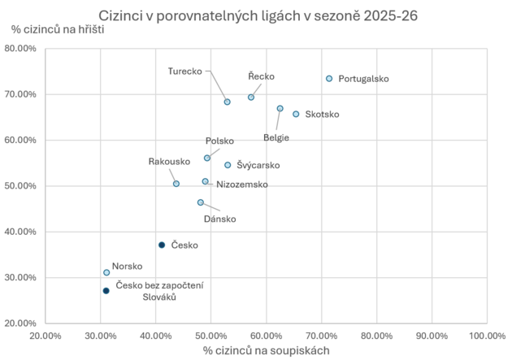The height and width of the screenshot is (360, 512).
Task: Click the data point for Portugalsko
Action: tap(329, 79)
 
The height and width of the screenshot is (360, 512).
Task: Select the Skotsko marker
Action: tap(296, 115)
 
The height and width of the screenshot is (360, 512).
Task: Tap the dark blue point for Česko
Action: tap(162, 245)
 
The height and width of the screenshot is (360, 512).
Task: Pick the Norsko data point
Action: tap(106, 272)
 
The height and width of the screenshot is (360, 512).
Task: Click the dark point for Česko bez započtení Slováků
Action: tap(106, 291)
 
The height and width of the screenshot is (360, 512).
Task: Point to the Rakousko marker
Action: tap(176, 184)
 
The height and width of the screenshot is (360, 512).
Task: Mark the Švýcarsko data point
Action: tap(228, 165)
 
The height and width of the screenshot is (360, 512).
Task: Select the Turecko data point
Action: tap(228, 102)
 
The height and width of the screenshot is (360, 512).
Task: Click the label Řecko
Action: tap(262, 76)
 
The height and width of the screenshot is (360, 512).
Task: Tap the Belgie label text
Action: tap(276, 137)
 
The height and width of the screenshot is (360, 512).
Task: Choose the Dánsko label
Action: tap(220, 219)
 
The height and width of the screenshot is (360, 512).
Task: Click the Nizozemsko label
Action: tap(242, 184)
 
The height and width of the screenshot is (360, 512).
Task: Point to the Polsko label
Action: tap(219, 141)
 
